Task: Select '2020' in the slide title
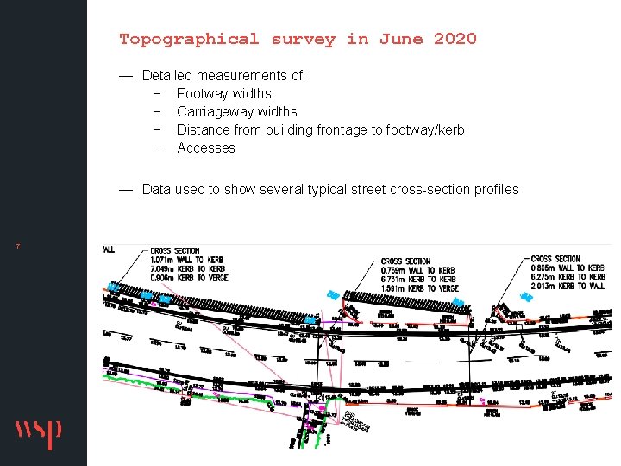pos(455,39)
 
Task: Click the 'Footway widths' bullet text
pos(224,93)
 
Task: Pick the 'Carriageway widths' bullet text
pos(237,111)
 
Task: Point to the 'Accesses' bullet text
pos(206,148)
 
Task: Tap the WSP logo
pos(38,433)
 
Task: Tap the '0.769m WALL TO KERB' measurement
pos(417,270)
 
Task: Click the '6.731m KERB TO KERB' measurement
pos(417,279)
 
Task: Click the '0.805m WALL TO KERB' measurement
pos(571,268)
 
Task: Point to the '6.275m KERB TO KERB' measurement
pos(571,276)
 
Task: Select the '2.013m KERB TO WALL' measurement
pos(571,286)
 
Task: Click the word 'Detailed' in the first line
pos(167,75)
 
